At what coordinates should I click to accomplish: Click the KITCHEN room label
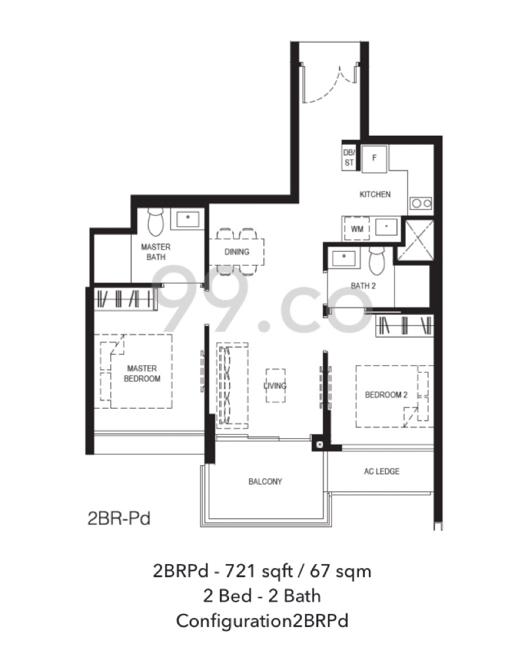point(375,194)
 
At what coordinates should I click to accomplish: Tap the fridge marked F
point(374,159)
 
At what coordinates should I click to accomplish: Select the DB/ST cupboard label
point(349,158)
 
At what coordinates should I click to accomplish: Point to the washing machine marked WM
point(357,229)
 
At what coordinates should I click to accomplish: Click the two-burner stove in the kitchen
point(421,203)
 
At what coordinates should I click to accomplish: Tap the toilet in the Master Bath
point(156,222)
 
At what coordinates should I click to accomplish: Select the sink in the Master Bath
point(188,218)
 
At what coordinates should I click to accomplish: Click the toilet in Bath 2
point(377,260)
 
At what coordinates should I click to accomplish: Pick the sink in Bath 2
point(344,258)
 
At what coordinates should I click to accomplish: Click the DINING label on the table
point(237,251)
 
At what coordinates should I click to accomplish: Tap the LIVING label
point(275,386)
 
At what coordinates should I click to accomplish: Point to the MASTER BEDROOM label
point(142,373)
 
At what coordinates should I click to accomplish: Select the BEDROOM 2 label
point(386,395)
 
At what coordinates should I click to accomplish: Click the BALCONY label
point(265,481)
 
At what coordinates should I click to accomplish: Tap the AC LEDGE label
point(381,472)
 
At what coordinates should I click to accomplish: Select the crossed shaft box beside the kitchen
point(415,240)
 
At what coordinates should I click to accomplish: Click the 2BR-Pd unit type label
point(119,519)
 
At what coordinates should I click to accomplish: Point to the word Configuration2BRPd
point(262,621)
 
